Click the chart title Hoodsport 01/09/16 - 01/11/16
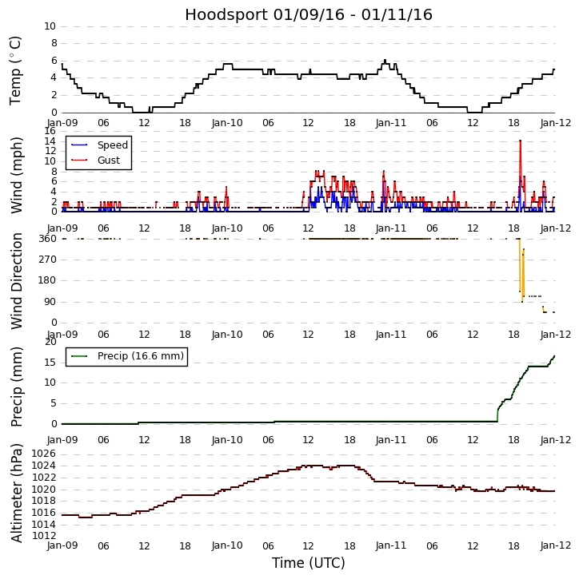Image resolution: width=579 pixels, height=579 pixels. pos(309,14)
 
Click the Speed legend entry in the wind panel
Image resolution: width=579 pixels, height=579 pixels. pos(112,145)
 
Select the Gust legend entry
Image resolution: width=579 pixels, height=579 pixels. pos(108,160)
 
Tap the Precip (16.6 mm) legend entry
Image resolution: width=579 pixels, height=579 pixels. pos(140,356)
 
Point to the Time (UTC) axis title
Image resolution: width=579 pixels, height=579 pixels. pos(308,563)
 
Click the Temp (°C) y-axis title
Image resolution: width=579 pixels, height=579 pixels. pos(16,69)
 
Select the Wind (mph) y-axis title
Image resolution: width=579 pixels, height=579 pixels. pos(17,174)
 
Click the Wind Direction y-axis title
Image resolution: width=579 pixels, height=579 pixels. pos(17,280)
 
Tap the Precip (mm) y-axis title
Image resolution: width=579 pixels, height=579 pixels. pos(17,386)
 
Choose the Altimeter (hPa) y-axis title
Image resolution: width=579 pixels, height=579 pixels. pos(17,492)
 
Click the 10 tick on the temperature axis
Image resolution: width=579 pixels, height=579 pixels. pos(50,26)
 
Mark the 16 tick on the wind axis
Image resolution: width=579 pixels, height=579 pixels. pos(50,131)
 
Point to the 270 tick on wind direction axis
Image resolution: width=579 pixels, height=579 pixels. pos(46,260)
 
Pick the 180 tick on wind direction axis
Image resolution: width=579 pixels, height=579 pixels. pos(46,280)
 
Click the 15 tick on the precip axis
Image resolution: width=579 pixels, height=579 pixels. pos(50,363)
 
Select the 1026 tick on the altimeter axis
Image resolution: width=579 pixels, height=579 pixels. pos(43,454)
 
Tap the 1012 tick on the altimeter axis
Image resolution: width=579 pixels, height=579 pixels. pos(43,535)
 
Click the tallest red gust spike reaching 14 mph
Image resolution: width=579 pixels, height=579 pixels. pos(520,141)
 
